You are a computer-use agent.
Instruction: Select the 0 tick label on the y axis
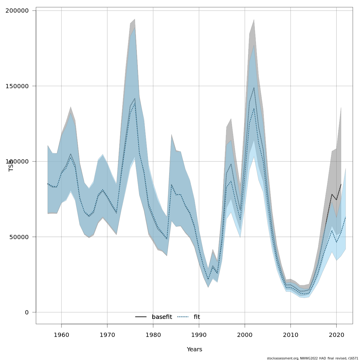[x=27, y=312]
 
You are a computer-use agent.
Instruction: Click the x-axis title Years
[x=194, y=349]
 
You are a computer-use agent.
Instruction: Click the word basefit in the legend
[x=162, y=317]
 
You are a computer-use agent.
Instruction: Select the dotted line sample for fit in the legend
[x=183, y=317]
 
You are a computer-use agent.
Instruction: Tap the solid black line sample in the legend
[x=141, y=317]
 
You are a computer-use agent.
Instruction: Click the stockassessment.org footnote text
[x=312, y=358]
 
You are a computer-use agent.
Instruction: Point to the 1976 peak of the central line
[x=135, y=99]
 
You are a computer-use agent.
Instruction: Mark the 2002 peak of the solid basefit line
[x=254, y=87]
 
